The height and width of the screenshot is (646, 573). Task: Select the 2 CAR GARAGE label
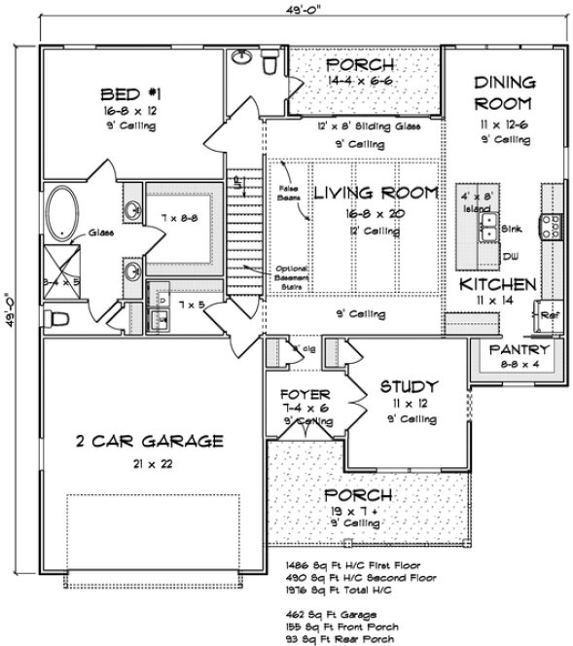coord(150,441)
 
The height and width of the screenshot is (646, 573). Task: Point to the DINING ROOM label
coord(502,92)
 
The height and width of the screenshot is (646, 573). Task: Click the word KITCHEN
coord(497,285)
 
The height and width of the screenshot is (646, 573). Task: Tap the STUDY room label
coord(409,385)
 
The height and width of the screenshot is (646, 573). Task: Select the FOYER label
coord(302,395)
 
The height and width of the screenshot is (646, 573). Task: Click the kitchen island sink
coord(487,229)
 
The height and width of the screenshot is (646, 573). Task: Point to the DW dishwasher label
coord(509,256)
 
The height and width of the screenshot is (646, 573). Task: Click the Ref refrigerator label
coord(549,315)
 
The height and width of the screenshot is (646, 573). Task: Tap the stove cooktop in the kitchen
coord(553,225)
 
